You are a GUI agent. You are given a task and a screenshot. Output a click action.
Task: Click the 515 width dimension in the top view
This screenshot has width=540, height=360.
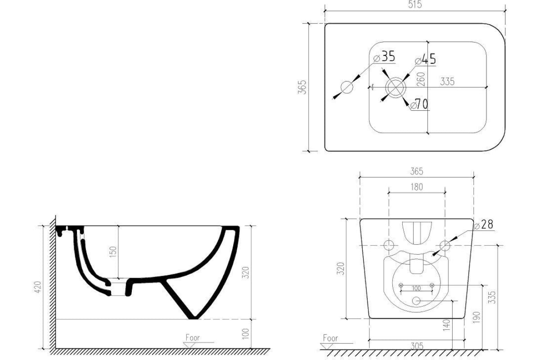click(415, 5)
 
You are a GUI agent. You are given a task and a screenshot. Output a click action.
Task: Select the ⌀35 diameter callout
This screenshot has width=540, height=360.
click(384, 56)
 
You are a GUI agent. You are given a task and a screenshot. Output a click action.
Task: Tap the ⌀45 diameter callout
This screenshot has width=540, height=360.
click(426, 59)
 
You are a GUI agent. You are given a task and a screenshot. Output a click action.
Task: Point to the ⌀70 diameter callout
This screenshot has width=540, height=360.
click(419, 104)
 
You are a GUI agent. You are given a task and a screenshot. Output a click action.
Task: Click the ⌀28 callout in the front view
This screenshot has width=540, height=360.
click(483, 225)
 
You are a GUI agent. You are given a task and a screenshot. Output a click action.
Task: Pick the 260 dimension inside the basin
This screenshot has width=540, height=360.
click(421, 79)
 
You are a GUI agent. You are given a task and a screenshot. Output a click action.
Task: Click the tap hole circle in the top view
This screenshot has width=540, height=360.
click(347, 87)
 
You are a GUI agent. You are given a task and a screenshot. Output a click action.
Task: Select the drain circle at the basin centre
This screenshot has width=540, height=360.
click(396, 87)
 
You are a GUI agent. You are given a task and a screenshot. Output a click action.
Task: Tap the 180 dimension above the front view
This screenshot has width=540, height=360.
click(417, 187)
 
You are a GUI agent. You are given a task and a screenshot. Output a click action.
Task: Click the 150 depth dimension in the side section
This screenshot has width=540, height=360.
click(113, 252)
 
